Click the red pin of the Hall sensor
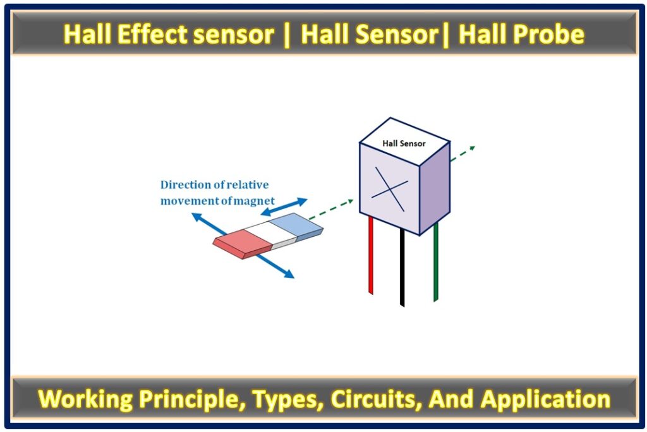coord(370,256)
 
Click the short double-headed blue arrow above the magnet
coord(284,207)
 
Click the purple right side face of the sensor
coord(435,189)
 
